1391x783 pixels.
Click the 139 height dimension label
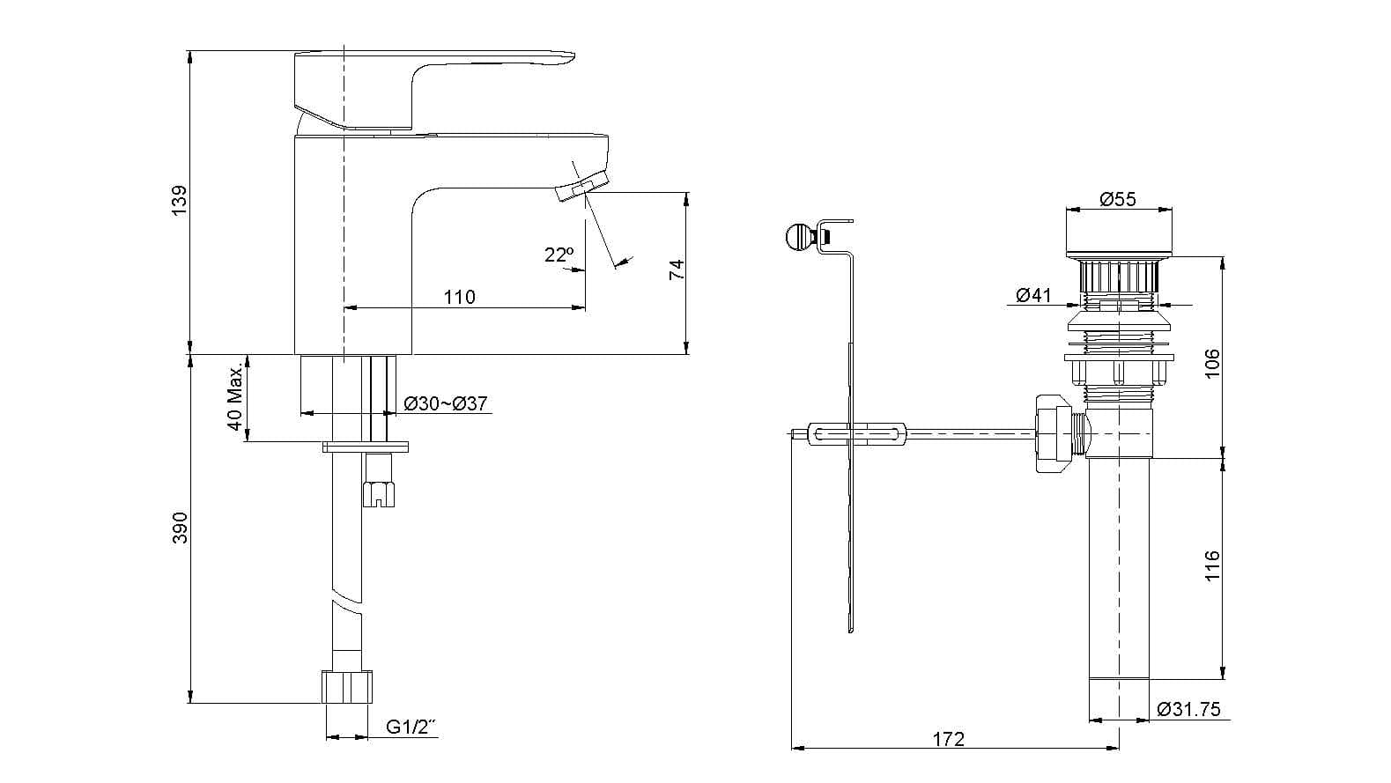pos(180,201)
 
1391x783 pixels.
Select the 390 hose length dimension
pos(180,527)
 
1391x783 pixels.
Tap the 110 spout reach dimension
pos(459,297)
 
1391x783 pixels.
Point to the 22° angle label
pos(559,255)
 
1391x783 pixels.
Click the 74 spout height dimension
pos(677,270)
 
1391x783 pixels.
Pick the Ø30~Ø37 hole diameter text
pos(446,403)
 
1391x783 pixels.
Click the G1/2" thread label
pos(411,728)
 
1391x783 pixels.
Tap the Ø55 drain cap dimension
pos(1118,199)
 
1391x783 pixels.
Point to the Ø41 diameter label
pos(1033,295)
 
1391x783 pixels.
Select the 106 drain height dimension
pos(1212,363)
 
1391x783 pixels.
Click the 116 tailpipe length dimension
pos(1212,566)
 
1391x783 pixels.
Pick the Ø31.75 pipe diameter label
pos(1188,710)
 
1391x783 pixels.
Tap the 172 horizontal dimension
pos(948,739)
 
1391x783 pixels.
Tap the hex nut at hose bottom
pos(348,687)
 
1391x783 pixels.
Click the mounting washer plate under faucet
pos(366,447)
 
